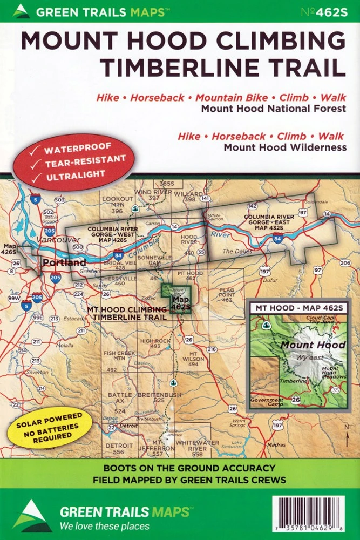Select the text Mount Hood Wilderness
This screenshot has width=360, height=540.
285,147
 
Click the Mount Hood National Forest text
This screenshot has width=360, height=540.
273,108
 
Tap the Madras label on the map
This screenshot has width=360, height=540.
276,444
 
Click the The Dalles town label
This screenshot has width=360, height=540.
235,251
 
